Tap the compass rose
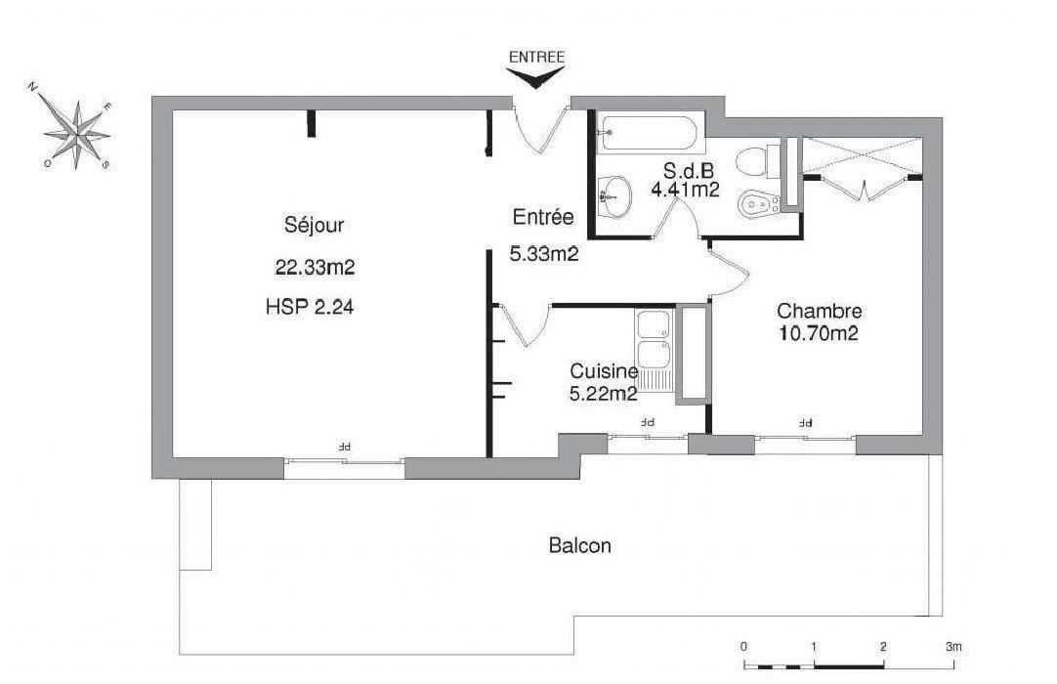tap(77, 134)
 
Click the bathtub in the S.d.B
tap(649, 134)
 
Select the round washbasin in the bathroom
tap(614, 196)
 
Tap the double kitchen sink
tap(653, 351)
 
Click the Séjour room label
tap(314, 224)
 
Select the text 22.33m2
tap(315, 268)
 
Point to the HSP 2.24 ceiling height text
tap(310, 308)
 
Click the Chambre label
tap(819, 311)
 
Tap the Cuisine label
tap(604, 371)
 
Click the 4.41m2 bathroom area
tap(684, 190)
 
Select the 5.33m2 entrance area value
tap(544, 254)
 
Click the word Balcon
tap(579, 545)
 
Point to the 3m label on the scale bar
tap(953, 646)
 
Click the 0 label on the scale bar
tap(743, 646)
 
